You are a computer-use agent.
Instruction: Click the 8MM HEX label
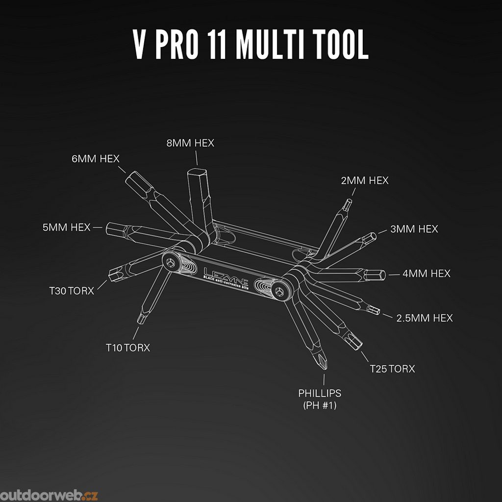coord(190,143)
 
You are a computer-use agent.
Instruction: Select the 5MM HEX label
coord(67,227)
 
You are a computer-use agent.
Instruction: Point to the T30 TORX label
coord(72,290)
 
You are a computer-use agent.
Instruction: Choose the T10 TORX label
coord(128,348)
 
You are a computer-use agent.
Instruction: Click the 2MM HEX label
coord(365,180)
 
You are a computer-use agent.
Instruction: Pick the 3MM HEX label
coord(414,229)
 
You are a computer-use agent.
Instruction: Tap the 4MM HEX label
coord(427,274)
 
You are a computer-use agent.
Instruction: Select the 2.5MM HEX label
coord(425,318)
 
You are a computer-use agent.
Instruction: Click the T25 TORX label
coord(392,368)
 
